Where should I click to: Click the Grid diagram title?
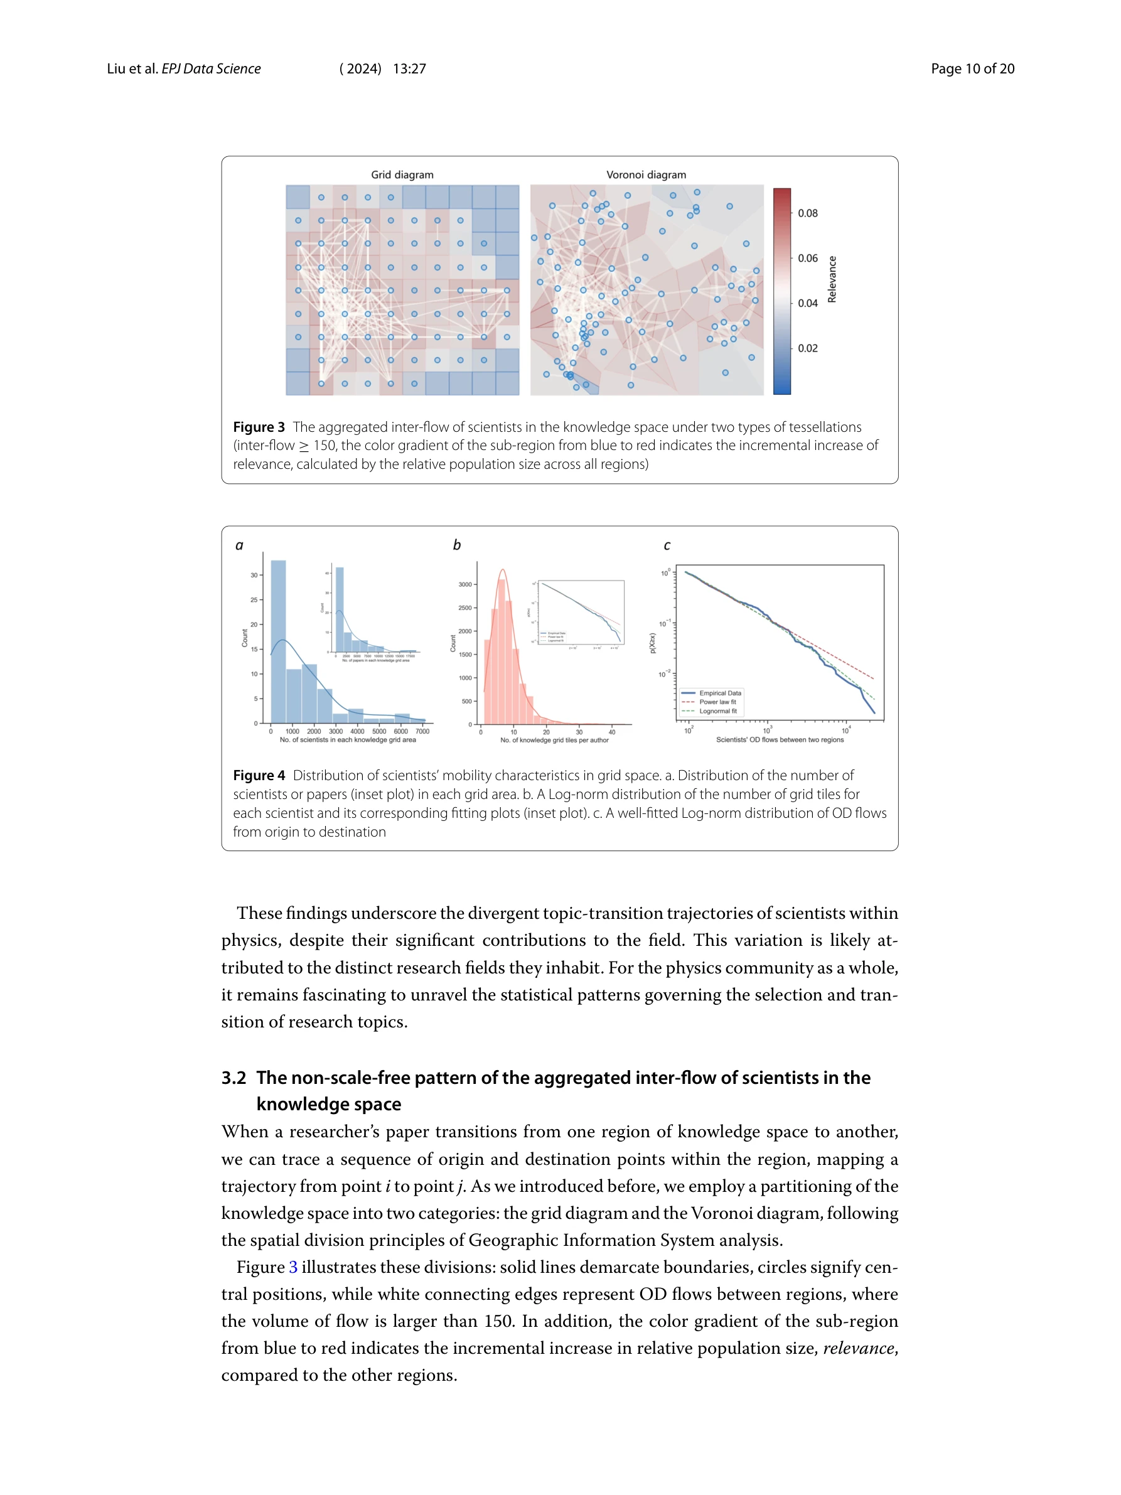pyautogui.click(x=402, y=174)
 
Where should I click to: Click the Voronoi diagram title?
pyautogui.click(x=646, y=174)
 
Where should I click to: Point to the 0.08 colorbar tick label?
pyautogui.click(x=807, y=213)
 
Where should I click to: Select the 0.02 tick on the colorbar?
pyautogui.click(x=807, y=348)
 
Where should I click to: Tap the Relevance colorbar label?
pyautogui.click(x=832, y=279)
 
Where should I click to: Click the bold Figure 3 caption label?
pyautogui.click(x=259, y=427)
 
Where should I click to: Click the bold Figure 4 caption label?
pyautogui.click(x=259, y=775)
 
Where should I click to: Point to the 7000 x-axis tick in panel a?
pyautogui.click(x=422, y=731)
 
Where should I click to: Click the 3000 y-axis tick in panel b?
pyautogui.click(x=465, y=584)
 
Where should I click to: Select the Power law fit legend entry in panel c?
pyautogui.click(x=717, y=702)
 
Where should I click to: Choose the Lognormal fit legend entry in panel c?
pyautogui.click(x=717, y=711)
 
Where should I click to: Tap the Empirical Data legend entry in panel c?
pyautogui.click(x=720, y=694)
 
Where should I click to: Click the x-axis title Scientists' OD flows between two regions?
pyautogui.click(x=780, y=740)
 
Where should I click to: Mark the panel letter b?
pyautogui.click(x=457, y=545)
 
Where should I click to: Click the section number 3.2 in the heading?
pyautogui.click(x=233, y=1078)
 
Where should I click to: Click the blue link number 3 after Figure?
pyautogui.click(x=293, y=1267)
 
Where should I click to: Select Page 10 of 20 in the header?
pyautogui.click(x=972, y=69)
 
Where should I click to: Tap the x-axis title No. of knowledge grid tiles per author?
pyautogui.click(x=554, y=740)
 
